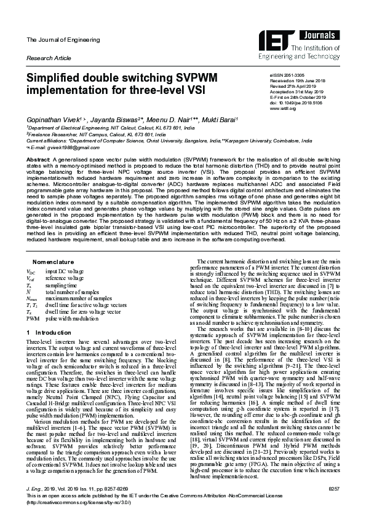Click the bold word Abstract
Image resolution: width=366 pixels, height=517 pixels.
click(37, 158)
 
